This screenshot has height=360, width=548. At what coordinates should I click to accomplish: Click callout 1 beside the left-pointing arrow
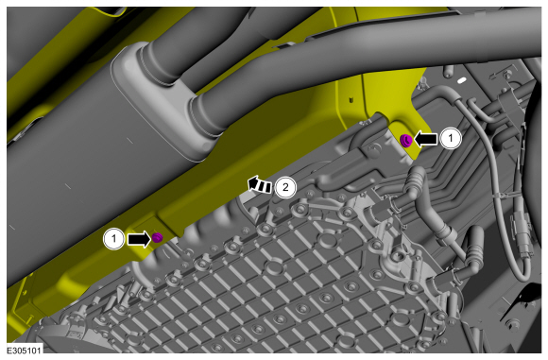pyautogui.click(x=451, y=138)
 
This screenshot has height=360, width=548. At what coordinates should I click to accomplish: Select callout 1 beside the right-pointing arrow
pyautogui.click(x=114, y=239)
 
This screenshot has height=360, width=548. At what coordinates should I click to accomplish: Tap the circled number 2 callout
pyautogui.click(x=285, y=187)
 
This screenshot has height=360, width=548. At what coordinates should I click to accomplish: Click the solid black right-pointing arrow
pyautogui.click(x=139, y=240)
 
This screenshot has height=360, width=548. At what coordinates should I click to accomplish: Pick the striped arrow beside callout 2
pyautogui.click(x=259, y=184)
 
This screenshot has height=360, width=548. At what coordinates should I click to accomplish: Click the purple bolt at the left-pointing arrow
pyautogui.click(x=406, y=141)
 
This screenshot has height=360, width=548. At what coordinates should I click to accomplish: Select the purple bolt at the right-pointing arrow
pyautogui.click(x=157, y=237)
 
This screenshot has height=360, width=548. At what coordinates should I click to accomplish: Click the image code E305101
pyautogui.click(x=25, y=351)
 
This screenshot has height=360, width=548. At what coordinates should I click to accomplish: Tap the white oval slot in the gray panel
pyautogui.click(x=461, y=80)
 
